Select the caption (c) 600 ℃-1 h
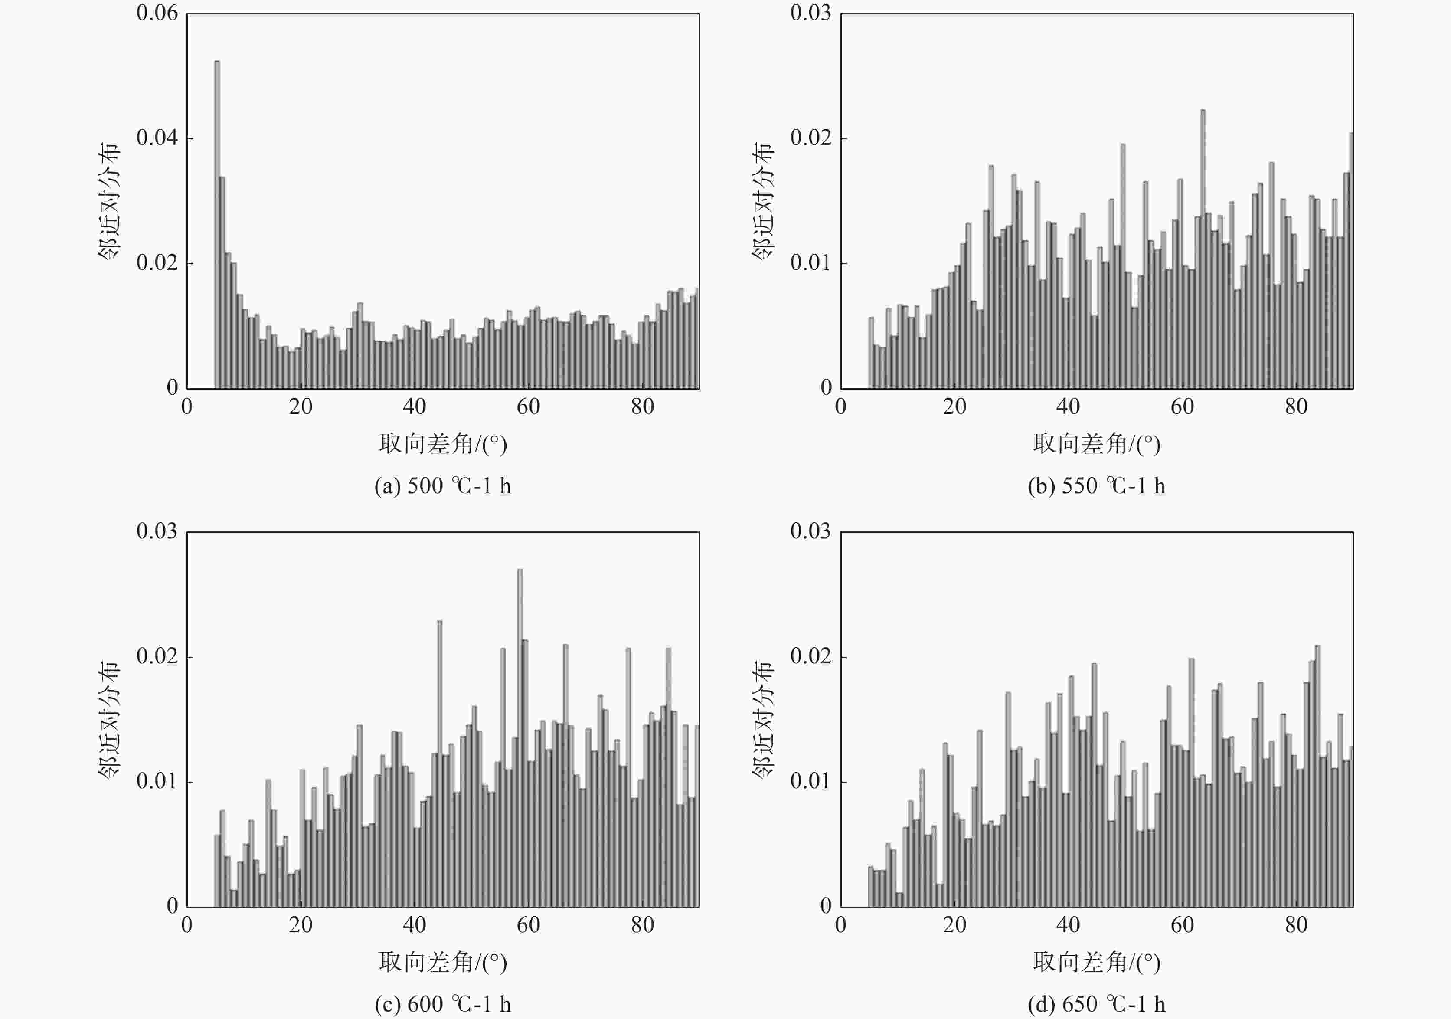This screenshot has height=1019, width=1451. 442,1004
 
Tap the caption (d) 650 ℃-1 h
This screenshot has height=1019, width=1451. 1096,1004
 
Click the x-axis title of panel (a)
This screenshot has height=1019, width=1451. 442,444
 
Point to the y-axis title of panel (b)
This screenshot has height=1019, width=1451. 763,201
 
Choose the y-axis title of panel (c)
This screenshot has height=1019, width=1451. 109,719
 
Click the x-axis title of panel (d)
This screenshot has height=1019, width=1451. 1096,962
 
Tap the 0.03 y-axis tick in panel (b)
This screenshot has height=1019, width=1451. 811,13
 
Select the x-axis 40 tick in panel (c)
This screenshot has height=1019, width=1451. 414,925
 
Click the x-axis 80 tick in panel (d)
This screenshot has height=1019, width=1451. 1296,925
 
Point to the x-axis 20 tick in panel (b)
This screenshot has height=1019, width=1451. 954,406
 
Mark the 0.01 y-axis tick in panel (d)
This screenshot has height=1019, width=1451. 811,781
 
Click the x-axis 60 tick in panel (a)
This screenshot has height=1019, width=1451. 528,406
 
